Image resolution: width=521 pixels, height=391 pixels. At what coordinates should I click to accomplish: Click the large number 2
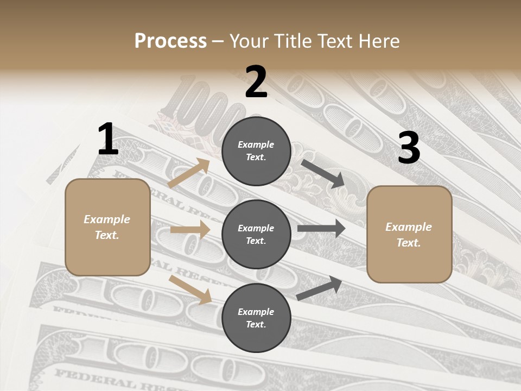click(256, 82)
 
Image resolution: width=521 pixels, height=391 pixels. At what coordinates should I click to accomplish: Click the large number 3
click(409, 148)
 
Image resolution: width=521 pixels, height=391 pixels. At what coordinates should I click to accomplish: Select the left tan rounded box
click(107, 227)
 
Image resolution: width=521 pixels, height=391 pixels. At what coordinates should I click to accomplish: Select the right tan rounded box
click(409, 234)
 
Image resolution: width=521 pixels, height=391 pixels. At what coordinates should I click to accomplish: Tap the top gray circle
click(256, 151)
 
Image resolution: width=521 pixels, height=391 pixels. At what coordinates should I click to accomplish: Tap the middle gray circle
click(256, 234)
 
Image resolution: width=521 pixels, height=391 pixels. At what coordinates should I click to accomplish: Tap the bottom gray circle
click(256, 318)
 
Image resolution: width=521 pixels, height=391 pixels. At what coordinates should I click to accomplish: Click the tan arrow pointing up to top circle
click(189, 173)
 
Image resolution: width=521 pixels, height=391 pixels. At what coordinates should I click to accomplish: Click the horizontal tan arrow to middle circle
click(190, 230)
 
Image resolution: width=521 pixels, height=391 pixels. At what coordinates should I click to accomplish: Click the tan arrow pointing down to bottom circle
click(190, 289)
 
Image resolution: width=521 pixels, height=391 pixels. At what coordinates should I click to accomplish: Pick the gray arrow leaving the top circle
click(323, 173)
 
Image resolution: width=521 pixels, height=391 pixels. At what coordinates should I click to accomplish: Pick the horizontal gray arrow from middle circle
click(321, 229)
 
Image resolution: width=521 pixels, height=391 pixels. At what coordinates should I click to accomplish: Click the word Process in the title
click(170, 41)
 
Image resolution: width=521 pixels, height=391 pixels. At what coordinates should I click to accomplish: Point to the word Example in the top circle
click(256, 144)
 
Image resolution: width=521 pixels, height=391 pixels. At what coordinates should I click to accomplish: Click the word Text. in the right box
click(409, 243)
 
